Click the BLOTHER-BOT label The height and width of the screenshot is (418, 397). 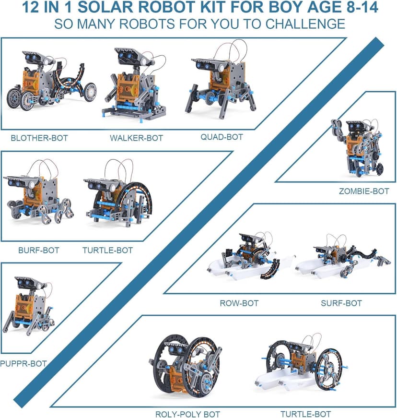[x=39, y=138]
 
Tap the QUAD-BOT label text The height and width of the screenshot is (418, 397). [x=222, y=137]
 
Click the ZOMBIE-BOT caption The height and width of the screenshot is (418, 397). [x=364, y=191]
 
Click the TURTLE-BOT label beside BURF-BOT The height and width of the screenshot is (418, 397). [x=107, y=250]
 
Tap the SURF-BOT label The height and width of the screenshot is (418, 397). [x=341, y=303]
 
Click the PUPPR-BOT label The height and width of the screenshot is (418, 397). [x=23, y=363]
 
